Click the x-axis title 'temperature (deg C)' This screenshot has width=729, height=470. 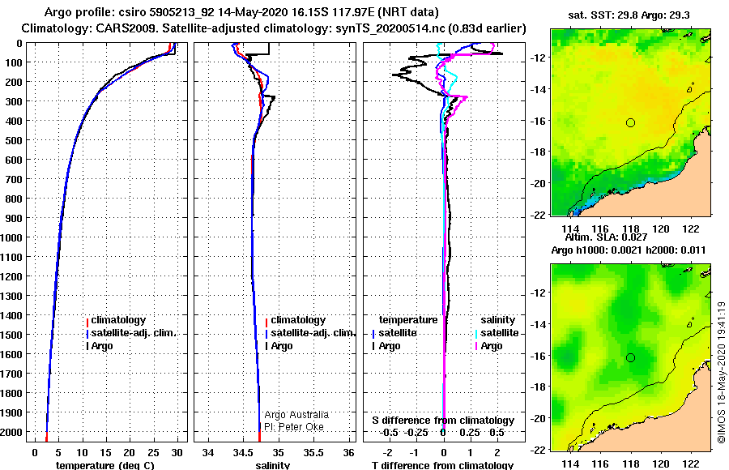pyautogui.click(x=105, y=465)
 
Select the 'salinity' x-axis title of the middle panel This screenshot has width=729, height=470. pyautogui.click(x=273, y=465)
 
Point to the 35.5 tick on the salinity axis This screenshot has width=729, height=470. pyautogui.click(x=313, y=452)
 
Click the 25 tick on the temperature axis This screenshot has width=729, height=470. pyautogui.click(x=153, y=452)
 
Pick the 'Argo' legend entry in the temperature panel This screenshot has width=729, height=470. pyautogui.click(x=100, y=346)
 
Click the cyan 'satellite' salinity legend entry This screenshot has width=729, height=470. pyautogui.click(x=497, y=333)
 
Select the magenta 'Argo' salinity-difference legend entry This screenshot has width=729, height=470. pyautogui.click(x=489, y=346)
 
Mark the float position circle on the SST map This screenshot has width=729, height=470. pyautogui.click(x=630, y=123)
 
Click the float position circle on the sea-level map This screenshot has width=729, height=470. pyautogui.click(x=630, y=358)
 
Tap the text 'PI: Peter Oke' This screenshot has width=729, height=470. pyautogui.click(x=294, y=427)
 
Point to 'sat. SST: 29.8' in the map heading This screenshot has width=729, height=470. pyautogui.click(x=603, y=15)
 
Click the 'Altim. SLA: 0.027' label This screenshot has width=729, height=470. pyautogui.click(x=606, y=237)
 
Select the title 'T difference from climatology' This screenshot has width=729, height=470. pyautogui.click(x=442, y=465)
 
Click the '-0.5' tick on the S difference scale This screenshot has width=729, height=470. pyautogui.click(x=389, y=432)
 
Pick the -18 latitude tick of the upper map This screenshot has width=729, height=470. pyautogui.click(x=538, y=152)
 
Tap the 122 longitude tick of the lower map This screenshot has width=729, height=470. pyautogui.click(x=691, y=464)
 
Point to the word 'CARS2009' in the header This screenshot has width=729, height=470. pyautogui.click(x=116, y=28)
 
